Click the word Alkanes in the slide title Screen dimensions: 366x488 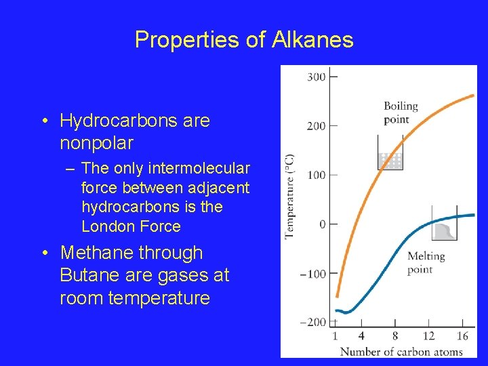pos(313,40)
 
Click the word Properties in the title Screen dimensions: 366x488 pos(187,40)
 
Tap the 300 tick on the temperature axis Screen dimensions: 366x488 pos(317,77)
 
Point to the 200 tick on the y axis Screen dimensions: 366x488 pos(317,126)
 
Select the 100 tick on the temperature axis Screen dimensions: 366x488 pos(317,175)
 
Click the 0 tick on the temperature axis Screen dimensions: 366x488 pos(323,224)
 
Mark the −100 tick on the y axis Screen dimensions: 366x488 pos(314,274)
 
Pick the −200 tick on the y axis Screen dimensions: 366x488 pos(314,322)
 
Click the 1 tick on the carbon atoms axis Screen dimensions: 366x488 pos(335,336)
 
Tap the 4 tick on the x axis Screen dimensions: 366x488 pos(361,336)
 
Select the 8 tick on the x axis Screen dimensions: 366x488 pos(395,336)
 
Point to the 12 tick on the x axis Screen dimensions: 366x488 pos(428,336)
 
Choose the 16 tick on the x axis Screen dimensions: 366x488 pos(463,336)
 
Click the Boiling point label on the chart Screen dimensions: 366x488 pos(401,113)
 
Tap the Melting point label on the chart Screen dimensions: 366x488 pos(425,262)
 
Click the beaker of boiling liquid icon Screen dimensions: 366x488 pos(390,153)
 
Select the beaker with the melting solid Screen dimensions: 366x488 pos(443,225)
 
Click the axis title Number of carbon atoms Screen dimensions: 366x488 pos(401,351)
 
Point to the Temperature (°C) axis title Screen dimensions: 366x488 pos(289,197)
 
